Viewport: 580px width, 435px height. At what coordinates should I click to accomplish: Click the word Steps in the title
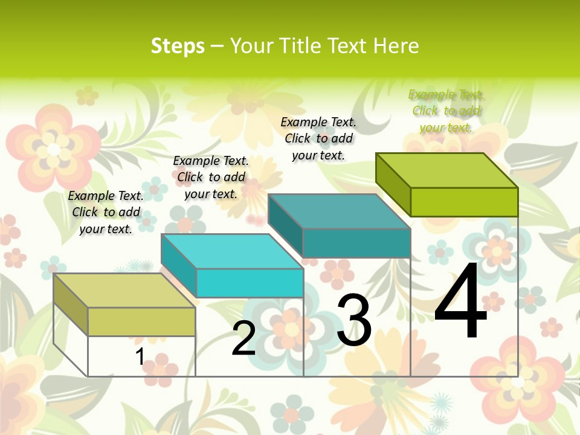click(178, 46)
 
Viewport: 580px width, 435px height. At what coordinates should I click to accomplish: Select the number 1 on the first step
click(140, 357)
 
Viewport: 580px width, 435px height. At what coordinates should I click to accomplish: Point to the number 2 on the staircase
click(243, 338)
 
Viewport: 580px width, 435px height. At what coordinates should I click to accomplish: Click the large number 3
click(354, 320)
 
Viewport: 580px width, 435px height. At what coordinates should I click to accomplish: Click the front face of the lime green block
click(464, 202)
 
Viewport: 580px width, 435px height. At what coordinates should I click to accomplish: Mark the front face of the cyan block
click(250, 283)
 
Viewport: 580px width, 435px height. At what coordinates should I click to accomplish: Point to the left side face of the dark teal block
click(285, 225)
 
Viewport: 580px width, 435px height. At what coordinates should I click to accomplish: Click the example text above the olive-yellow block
click(106, 212)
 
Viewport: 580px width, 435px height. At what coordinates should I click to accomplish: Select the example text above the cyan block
click(211, 177)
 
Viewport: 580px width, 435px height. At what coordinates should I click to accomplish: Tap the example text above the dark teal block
click(318, 138)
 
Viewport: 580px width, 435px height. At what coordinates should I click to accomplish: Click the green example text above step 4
click(446, 111)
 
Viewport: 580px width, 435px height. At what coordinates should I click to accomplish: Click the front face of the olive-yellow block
click(141, 321)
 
